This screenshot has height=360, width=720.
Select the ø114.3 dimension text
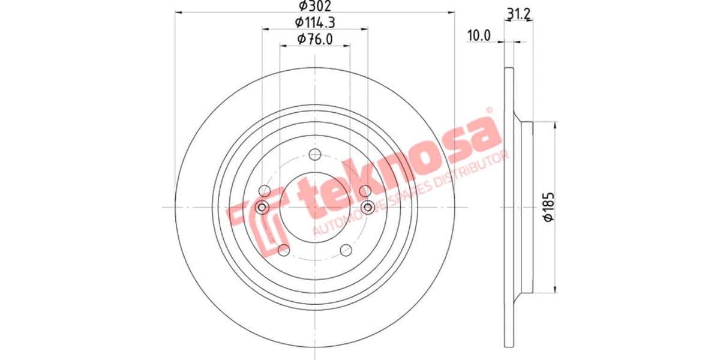315,23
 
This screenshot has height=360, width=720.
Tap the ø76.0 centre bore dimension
315,40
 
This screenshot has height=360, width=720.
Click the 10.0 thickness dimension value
479,36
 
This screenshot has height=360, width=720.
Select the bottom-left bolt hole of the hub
284,250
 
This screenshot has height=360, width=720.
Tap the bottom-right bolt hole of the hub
346,250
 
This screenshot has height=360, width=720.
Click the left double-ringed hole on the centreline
262,208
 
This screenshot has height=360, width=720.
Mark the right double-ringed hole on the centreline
368,208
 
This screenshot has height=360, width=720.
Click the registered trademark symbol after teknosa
488,110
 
